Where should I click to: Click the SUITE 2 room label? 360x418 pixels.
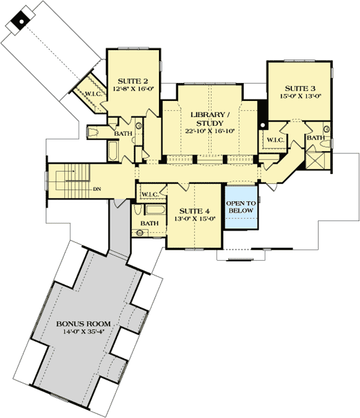point(130,81)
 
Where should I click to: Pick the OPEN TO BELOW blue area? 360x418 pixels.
point(241,207)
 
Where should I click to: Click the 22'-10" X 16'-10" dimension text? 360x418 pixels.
point(211,131)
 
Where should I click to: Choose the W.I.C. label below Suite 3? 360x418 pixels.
point(272,139)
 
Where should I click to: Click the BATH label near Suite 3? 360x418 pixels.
point(314,138)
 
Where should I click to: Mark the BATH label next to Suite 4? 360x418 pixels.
point(150,224)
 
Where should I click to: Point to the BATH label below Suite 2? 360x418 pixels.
point(123,134)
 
